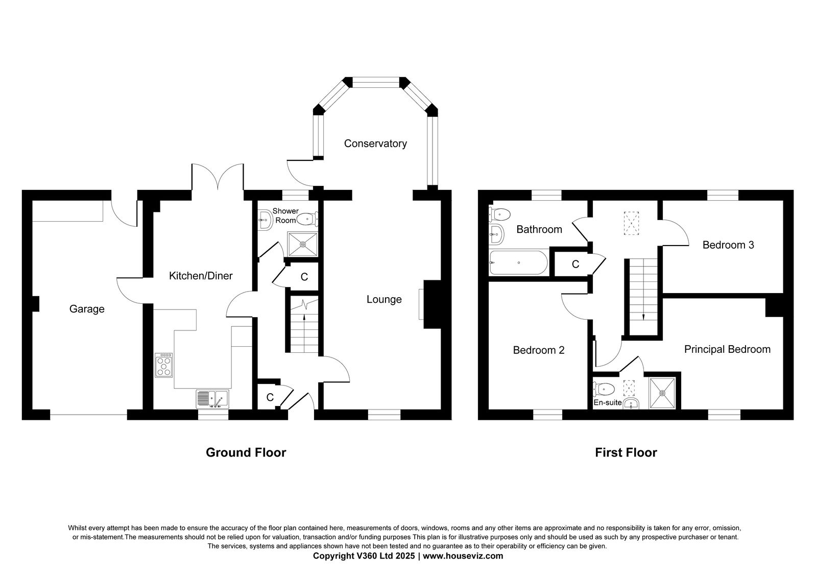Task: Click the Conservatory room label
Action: coord(375,143)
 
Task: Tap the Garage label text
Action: coord(87,309)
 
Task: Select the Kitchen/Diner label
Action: coord(201,276)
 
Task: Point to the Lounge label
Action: coord(384,299)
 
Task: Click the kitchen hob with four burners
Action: coord(163,365)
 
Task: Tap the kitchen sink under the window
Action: coord(212,399)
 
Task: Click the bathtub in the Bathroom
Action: coord(518,262)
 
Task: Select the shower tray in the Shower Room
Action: coord(302,244)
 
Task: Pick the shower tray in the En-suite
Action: coord(662,393)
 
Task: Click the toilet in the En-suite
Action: coord(604,389)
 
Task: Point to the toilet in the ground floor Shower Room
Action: coord(307,219)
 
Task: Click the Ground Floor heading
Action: coord(246,452)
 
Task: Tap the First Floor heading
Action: coord(626,452)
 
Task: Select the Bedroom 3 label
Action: coord(728,245)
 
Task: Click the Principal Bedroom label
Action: coord(727,349)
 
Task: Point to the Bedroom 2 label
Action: coord(538,350)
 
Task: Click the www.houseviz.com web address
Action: coord(463,556)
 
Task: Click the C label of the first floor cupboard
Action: coord(575,264)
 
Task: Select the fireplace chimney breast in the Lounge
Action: coord(432,304)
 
